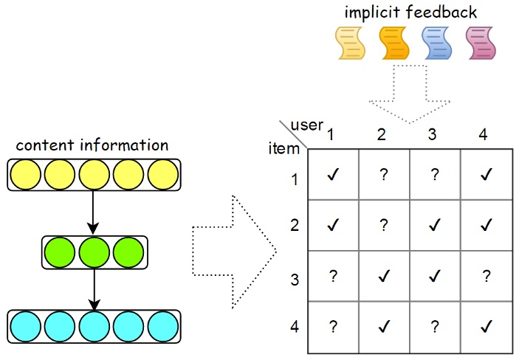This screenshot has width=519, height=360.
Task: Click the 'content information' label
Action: click(92, 145)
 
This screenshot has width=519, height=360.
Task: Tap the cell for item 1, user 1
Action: click(333, 176)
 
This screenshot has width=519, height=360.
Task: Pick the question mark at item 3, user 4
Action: click(486, 276)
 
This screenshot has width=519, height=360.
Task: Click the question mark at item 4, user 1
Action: click(333, 326)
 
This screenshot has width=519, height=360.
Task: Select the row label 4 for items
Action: click(294, 325)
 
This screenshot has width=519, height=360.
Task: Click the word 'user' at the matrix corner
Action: click(307, 125)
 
